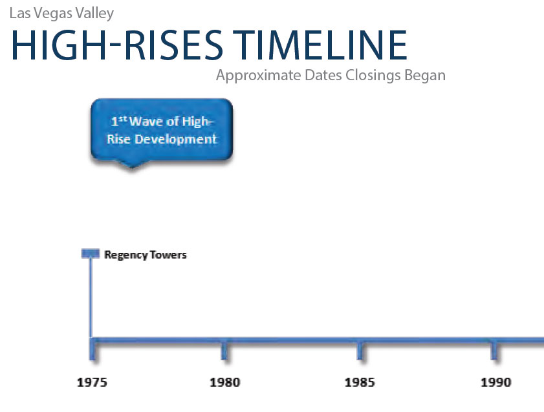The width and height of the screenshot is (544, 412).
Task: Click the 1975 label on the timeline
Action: (92, 382)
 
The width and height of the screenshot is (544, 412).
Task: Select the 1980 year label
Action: (225, 382)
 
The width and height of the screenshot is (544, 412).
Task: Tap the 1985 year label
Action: (360, 382)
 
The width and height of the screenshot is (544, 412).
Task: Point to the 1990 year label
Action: (495, 382)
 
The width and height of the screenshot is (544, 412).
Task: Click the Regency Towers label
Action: (146, 255)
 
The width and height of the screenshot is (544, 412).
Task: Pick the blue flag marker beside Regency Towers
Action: (90, 254)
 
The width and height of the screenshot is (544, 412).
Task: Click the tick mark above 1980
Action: (224, 351)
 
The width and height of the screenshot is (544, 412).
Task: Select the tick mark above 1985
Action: (360, 351)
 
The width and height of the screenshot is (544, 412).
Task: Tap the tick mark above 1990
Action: (494, 351)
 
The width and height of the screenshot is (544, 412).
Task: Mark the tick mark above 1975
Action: (92, 351)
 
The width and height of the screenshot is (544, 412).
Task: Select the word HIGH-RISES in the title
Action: (117, 45)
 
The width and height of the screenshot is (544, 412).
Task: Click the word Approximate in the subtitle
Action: (259, 76)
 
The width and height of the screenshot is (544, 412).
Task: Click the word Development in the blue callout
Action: (176, 139)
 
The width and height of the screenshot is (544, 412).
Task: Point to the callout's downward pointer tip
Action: (131, 168)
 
